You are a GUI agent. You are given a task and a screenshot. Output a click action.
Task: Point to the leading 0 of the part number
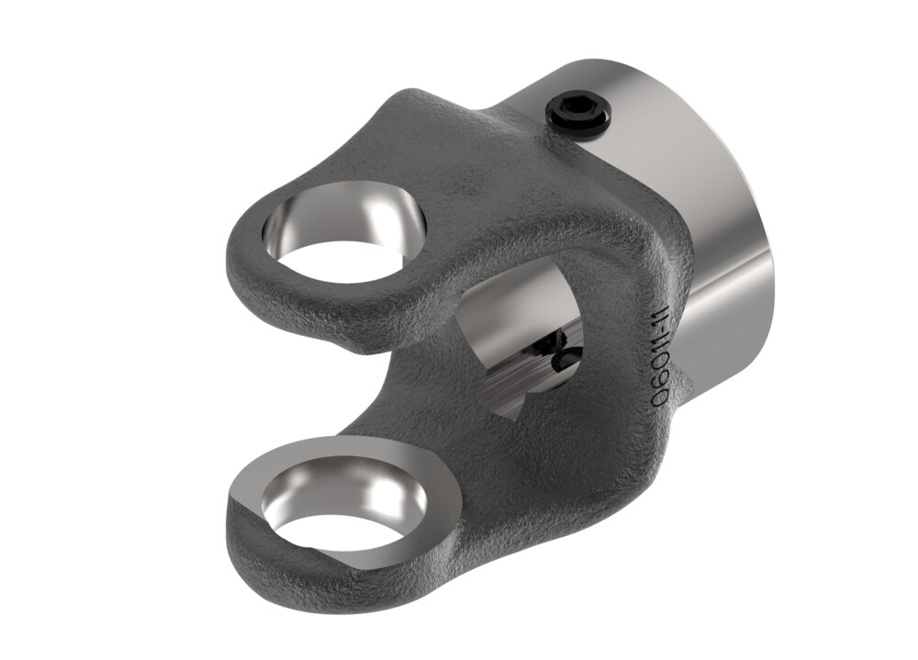[656, 400]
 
